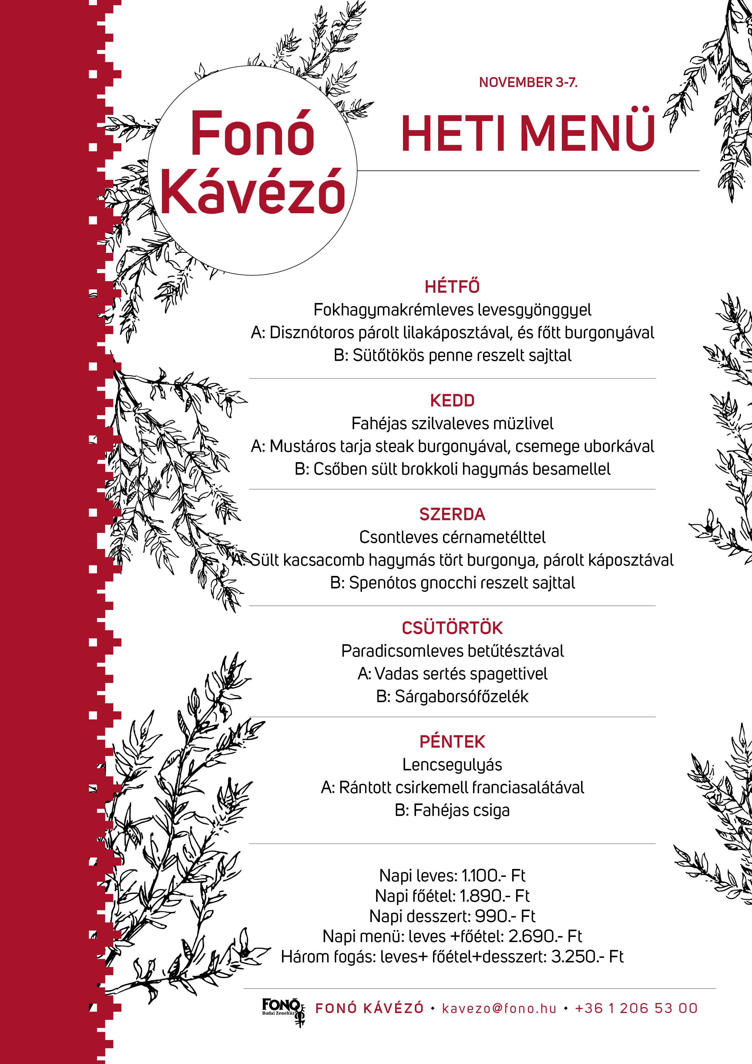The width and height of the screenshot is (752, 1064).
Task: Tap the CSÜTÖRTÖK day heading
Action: (x=452, y=628)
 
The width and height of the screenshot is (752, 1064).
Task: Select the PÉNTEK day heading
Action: (x=452, y=742)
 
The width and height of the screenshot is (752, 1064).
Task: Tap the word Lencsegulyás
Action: (x=452, y=765)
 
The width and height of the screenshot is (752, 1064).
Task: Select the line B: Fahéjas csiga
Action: (x=452, y=810)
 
